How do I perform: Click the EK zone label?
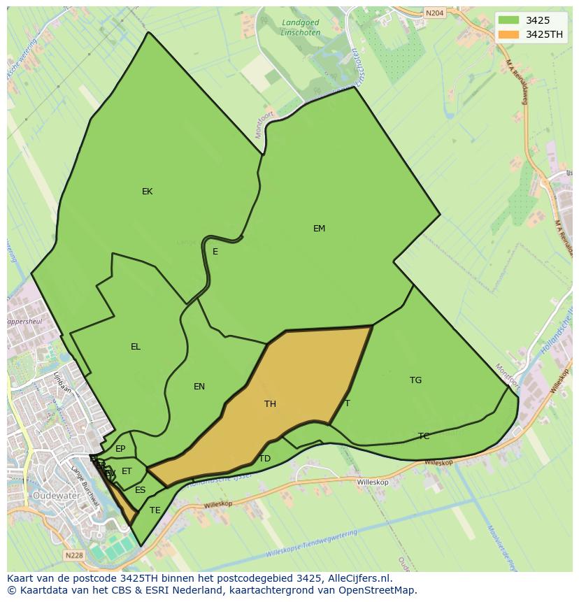coord(147,192)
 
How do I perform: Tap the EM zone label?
coord(319,229)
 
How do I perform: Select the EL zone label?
coord(136,347)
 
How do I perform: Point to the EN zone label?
coord(199,387)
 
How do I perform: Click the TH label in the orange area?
coord(270,404)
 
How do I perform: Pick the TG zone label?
coord(415,380)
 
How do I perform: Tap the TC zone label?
coord(424,436)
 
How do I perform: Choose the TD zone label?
coord(264,459)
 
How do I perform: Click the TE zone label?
coord(155,510)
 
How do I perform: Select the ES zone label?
coord(141,490)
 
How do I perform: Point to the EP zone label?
coord(120,449)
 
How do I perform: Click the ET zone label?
coord(127,471)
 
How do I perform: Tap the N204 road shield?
coord(434,13)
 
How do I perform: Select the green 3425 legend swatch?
coord(509,20)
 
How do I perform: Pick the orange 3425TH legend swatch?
coord(509,34)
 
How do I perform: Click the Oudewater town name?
coord(55,495)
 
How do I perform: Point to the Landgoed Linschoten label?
coord(300,28)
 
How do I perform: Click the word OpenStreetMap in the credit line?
coord(379,590)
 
